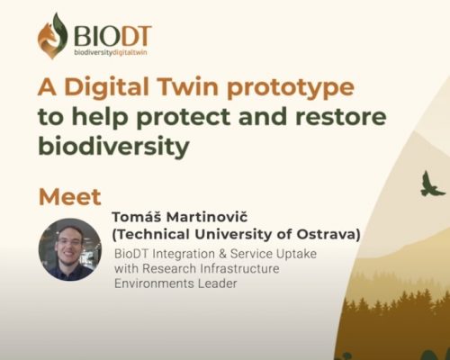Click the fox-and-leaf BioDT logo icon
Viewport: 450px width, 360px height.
(x=52, y=36)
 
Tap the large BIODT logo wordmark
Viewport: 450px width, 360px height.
(x=112, y=36)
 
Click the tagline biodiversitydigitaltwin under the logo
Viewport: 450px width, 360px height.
(x=111, y=52)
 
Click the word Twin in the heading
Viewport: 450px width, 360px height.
(x=188, y=86)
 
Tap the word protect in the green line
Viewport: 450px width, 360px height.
(x=184, y=118)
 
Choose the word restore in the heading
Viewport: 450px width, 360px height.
(x=341, y=117)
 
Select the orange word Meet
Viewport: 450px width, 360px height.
(x=70, y=197)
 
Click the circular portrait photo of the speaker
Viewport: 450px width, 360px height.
(x=70, y=249)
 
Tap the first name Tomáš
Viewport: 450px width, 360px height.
(x=137, y=216)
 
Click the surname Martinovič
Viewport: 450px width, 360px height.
(x=207, y=217)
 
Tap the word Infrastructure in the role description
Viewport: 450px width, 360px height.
(x=239, y=268)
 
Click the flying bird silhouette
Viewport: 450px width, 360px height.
(x=432, y=184)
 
